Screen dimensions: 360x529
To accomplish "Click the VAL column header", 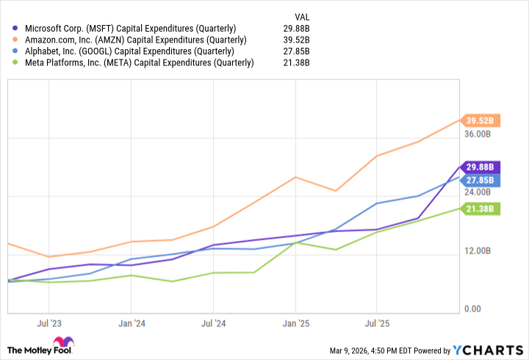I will coord(301,15).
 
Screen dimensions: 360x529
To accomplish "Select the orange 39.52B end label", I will coord(481,120).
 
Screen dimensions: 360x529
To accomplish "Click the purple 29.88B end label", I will coord(481,167).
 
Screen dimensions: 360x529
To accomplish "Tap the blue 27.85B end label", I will coord(481,180).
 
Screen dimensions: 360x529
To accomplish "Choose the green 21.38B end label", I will coord(481,209).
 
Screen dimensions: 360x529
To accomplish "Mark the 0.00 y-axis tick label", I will coord(474,309).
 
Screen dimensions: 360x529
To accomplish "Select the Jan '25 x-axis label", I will coord(295,322).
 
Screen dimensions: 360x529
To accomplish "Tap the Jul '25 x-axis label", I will coord(377,322).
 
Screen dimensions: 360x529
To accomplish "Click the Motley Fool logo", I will coord(41,347).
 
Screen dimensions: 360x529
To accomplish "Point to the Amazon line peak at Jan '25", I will coord(295,177).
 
